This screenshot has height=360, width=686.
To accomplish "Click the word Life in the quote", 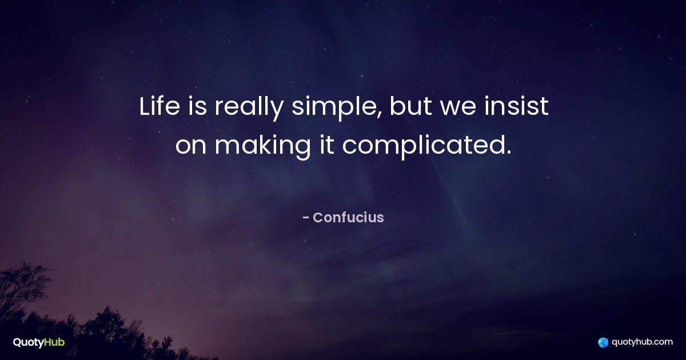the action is coord(159,106).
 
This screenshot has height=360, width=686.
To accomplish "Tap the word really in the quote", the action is coord(249,109).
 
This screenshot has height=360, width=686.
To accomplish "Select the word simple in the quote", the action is coord(335,109).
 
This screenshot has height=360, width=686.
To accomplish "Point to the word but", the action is coord(410,106).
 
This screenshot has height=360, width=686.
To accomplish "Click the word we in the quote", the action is coord(458,109).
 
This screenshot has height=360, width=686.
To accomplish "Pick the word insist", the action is coord(516,106).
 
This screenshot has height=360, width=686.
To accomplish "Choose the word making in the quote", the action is coord(262,147).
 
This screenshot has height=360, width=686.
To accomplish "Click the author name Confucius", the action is coord(348,217).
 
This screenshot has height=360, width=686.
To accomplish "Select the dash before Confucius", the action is coord(305,218).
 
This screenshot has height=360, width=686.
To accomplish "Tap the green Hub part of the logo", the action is coord(54,342).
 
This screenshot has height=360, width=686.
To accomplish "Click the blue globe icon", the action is coord(603,342).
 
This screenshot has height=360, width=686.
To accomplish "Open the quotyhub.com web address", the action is coord(642,342).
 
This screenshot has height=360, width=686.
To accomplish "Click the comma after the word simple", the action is coord(380,115).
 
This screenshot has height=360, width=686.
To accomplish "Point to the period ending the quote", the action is coord(509,152).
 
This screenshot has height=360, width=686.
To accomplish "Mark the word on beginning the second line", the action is coord(191,147).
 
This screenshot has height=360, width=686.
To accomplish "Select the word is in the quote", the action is coord(197,106).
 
